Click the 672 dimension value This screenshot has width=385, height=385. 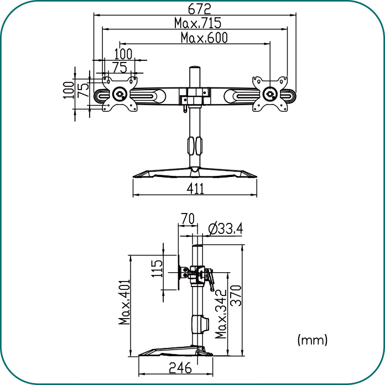click(x=199, y=9)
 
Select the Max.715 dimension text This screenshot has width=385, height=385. click(x=197, y=23)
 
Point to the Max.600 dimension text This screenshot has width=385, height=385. click(x=204, y=38)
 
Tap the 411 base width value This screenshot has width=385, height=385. click(x=195, y=189)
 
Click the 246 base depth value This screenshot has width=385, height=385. click(x=180, y=367)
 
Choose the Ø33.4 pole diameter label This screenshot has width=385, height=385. click(x=225, y=228)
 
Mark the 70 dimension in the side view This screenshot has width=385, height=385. click(x=188, y=218)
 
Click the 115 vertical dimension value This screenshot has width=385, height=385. click(x=157, y=269)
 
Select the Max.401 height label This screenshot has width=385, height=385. click(x=124, y=302)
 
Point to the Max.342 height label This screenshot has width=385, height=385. click(x=221, y=314)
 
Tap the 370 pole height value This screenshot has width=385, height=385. click(x=236, y=295)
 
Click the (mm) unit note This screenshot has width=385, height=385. click(x=313, y=340)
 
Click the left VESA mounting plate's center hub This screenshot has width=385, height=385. click(x=120, y=94)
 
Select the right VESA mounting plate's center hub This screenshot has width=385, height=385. click(x=270, y=94)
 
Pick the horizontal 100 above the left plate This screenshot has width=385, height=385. click(x=123, y=54)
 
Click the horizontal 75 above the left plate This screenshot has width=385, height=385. click(x=120, y=67)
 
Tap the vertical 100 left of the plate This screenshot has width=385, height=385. click(x=69, y=90)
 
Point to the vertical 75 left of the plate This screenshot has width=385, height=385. click(x=83, y=90)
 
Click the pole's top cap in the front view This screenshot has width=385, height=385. click(x=195, y=68)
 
